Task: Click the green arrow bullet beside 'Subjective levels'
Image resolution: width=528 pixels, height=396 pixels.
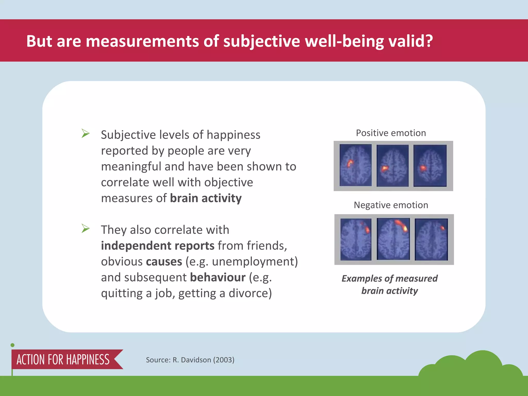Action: [x=85, y=133]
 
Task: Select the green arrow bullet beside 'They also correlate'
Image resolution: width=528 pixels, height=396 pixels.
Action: [x=85, y=228]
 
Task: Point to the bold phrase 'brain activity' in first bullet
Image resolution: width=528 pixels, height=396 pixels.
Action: [x=206, y=198]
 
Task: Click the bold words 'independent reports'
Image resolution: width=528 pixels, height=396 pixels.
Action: [x=158, y=246]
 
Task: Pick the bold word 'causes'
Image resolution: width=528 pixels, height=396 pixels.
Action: [x=164, y=262]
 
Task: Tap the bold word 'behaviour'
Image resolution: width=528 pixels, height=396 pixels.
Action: [x=218, y=277]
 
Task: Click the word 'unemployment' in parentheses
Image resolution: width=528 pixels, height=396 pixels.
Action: [x=252, y=262]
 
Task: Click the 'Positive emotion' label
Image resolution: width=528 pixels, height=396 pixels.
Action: [x=391, y=133]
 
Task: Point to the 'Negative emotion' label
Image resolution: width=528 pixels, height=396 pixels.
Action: [x=391, y=205]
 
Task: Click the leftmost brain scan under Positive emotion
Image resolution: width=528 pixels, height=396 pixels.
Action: [x=356, y=165]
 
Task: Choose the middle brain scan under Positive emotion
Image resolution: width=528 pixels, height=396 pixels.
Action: [x=392, y=166]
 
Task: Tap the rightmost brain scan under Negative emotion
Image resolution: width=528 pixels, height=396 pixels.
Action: [x=431, y=240]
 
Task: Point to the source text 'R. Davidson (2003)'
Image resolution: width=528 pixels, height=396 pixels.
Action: [x=203, y=360]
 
